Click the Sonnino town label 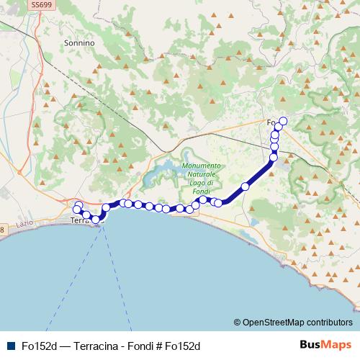click(x=79, y=43)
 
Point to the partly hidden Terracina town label click(x=81, y=221)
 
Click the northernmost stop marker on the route click(x=283, y=121)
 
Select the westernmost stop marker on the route click(x=76, y=210)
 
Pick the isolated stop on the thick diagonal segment click(x=245, y=186)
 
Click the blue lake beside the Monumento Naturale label click(x=162, y=171)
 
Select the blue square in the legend click(x=9, y=345)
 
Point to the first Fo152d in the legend click(x=35, y=345)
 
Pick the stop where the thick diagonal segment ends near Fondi click(x=274, y=158)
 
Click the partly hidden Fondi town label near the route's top click(x=271, y=122)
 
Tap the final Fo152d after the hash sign click(x=182, y=345)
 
